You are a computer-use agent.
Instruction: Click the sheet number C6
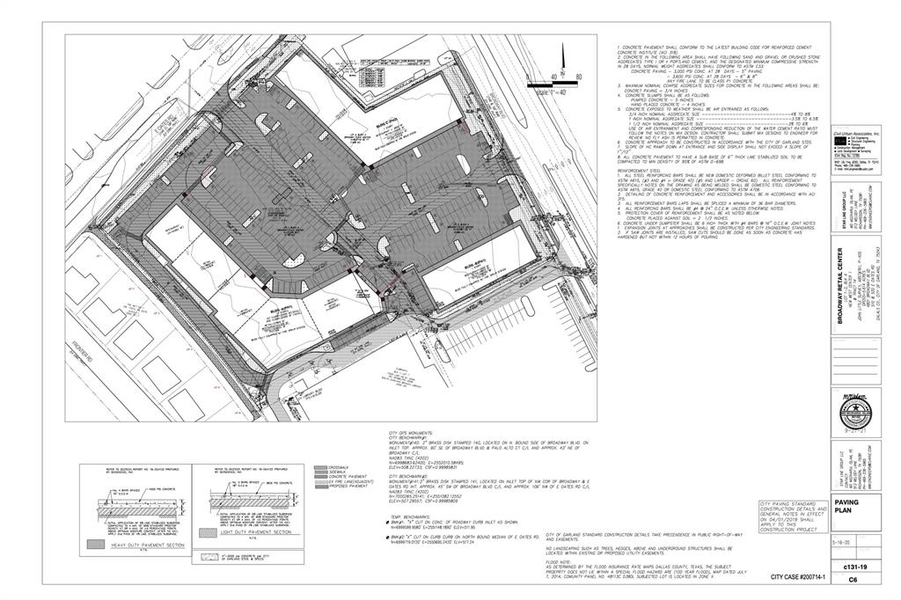(852, 580)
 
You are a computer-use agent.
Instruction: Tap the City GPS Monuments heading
(409, 434)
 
